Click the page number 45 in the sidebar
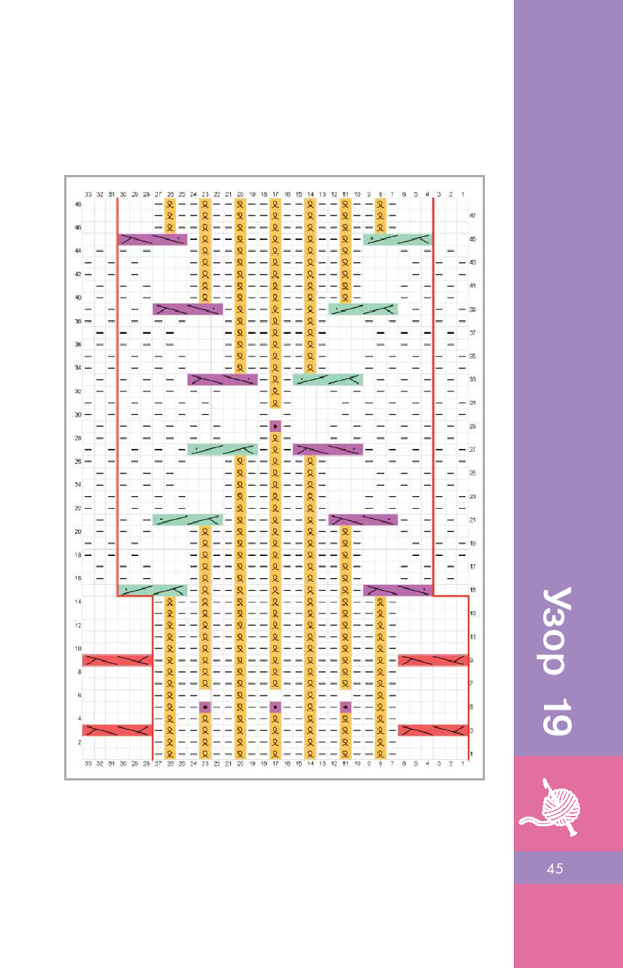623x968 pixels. pos(555,868)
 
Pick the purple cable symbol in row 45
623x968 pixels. pos(153,239)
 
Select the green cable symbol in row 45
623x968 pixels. pos(397,239)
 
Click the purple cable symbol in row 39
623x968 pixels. pos(187,309)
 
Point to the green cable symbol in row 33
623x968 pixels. pos(328,380)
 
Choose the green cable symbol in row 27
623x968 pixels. pos(222,450)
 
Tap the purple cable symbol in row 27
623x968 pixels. pos(328,450)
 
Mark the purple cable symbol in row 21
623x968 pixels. pos(362,520)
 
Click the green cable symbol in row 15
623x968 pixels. pos(153,590)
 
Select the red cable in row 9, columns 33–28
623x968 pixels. pos(117,660)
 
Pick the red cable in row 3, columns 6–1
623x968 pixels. pos(433,730)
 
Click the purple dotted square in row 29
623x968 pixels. pos(275,426)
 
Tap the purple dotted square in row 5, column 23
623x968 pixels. pos(205,707)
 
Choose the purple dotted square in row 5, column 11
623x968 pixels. pos(345,707)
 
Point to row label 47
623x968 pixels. pos(472,216)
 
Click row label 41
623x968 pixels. pos(472,286)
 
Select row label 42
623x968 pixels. pos(78,274)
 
